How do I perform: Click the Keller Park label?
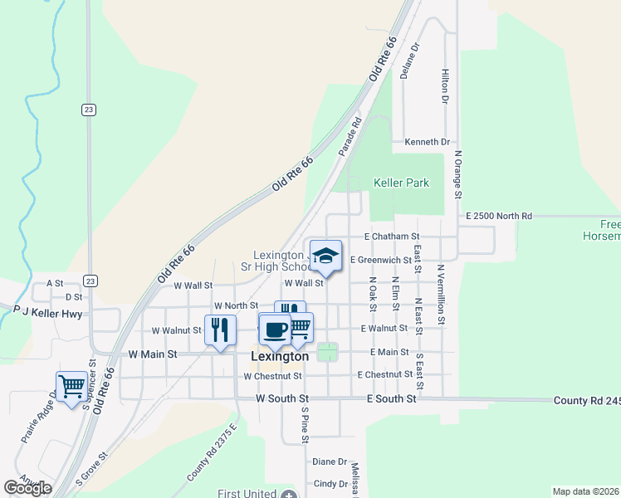click(x=402, y=183)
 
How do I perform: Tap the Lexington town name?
click(x=280, y=356)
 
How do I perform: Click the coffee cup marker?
click(x=275, y=330)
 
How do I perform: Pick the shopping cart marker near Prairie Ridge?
click(x=72, y=385)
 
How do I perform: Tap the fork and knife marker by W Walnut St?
click(x=220, y=330)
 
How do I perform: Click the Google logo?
click(x=27, y=488)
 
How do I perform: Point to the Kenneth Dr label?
click(x=427, y=142)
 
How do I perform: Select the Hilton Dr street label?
click(x=445, y=86)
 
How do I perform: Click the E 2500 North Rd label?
click(x=499, y=216)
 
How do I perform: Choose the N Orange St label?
click(x=457, y=175)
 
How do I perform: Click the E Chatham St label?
click(x=393, y=237)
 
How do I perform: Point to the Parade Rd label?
click(x=350, y=136)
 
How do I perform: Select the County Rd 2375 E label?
click(x=213, y=452)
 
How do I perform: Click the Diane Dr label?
click(x=329, y=461)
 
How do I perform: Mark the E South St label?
click(x=392, y=399)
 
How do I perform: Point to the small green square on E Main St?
click(x=328, y=352)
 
